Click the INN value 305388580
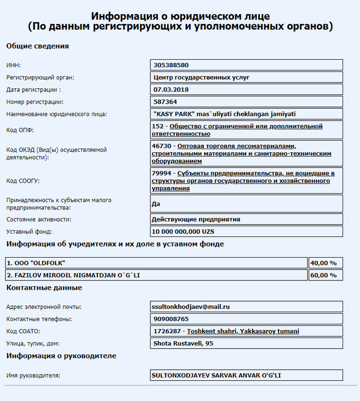(x=170, y=65)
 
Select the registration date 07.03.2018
(x=170, y=89)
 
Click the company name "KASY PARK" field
(x=223, y=114)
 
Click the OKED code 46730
(x=161, y=145)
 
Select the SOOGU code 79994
(x=161, y=173)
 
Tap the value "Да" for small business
(x=156, y=204)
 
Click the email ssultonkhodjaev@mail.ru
(x=191, y=306)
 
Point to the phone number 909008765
(x=170, y=319)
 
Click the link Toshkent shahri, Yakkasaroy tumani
(x=243, y=331)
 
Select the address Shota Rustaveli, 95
(x=183, y=343)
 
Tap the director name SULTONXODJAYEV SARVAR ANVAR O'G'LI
(x=216, y=375)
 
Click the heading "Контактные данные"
(x=44, y=288)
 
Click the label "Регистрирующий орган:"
(x=40, y=77)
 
